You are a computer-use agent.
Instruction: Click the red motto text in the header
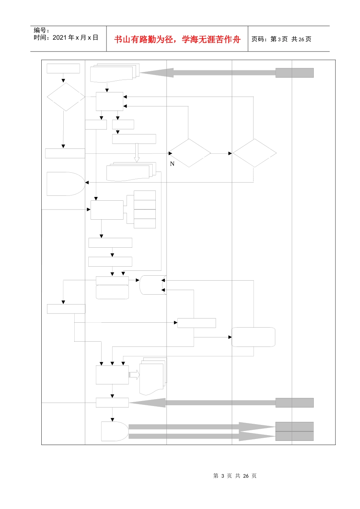177,39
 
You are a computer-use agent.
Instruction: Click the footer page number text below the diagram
235,476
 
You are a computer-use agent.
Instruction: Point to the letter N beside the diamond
172,164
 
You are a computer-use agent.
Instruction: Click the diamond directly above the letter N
189,153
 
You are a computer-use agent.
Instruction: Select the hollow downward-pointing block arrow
137,153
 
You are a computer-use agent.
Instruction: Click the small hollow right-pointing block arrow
134,375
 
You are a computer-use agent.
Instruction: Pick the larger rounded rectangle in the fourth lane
254,337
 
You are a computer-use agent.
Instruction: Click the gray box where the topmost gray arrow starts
294,73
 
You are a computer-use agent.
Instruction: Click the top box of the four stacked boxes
145,195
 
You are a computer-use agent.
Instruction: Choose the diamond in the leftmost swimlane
66,97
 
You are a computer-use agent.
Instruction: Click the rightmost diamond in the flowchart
254,153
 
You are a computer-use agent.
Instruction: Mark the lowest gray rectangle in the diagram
294,436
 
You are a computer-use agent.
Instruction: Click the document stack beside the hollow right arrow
152,376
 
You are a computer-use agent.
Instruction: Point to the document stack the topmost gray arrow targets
114,73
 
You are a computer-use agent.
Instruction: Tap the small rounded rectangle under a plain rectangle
112,292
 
